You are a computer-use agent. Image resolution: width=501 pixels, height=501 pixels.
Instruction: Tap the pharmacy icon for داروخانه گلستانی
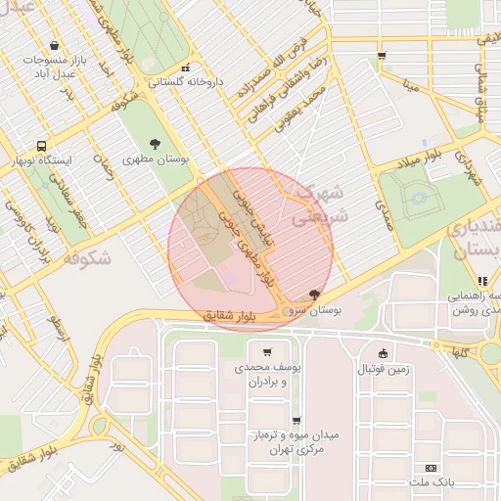click(186, 68)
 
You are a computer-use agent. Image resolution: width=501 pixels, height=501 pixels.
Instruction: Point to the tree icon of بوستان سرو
click(313, 294)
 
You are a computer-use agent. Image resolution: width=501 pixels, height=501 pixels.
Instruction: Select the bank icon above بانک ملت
click(433, 468)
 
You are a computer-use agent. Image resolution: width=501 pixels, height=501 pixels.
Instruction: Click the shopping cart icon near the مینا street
click(381, 56)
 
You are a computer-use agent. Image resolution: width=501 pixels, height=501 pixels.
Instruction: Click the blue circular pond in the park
click(422, 200)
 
